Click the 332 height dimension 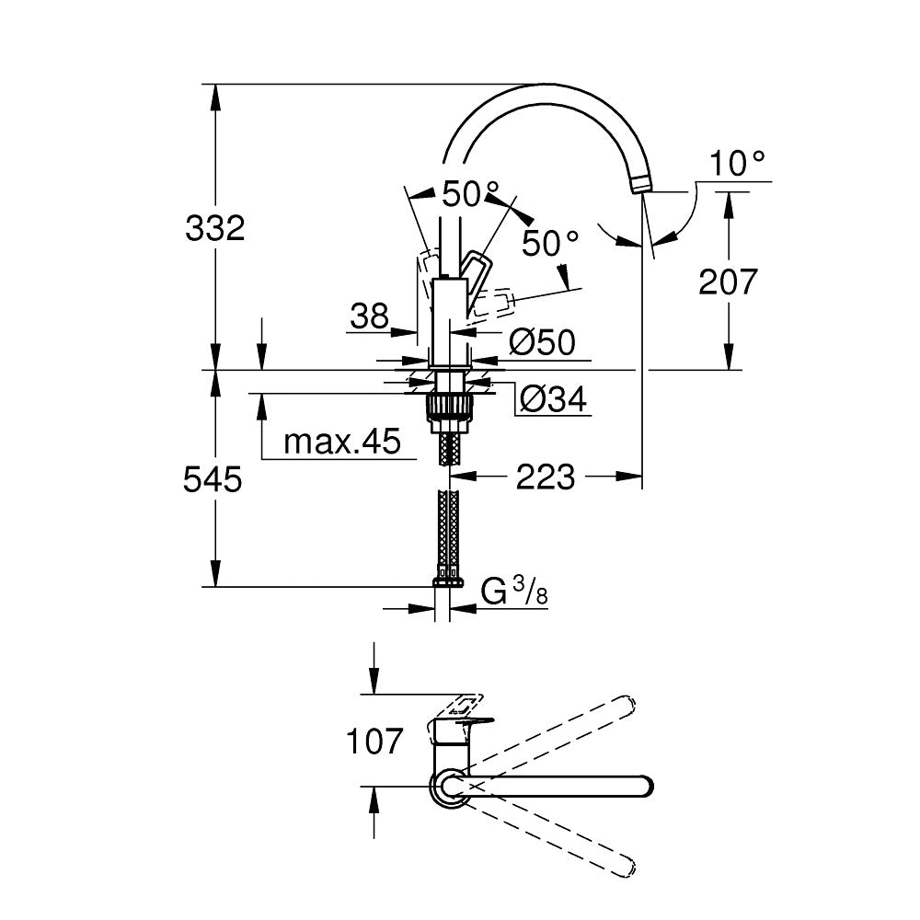tap(215, 228)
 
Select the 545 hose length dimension tap(213, 479)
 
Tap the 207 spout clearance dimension tap(728, 282)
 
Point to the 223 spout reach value tap(545, 477)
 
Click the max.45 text tap(342, 443)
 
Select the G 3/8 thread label tap(515, 592)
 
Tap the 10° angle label tap(738, 165)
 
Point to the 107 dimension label tap(374, 741)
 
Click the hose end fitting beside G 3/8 tap(449, 581)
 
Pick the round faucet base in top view tap(449, 788)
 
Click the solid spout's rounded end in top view tap(644, 787)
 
